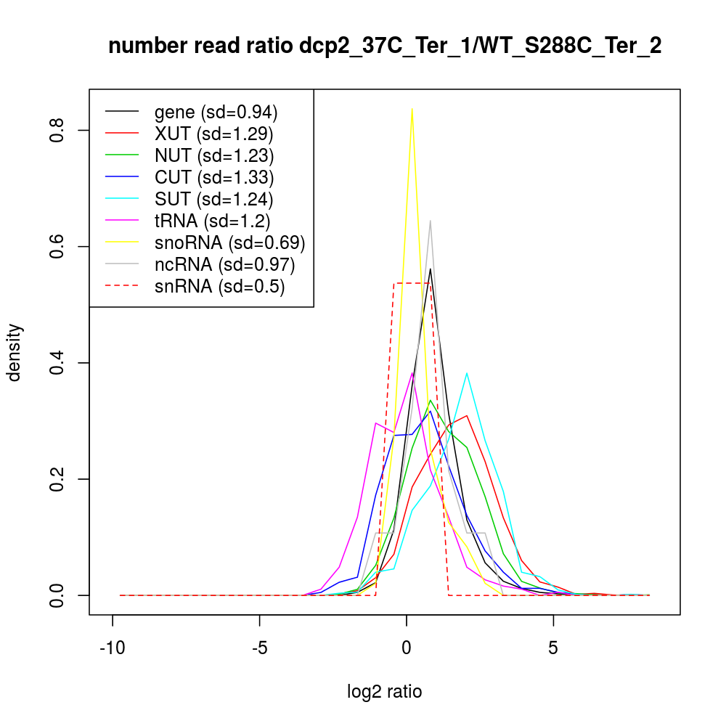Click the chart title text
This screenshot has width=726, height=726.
point(385,46)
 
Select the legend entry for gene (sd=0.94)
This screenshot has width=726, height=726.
point(216,112)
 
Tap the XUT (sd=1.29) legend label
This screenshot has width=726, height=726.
point(214,134)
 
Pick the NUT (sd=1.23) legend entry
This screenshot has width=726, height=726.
point(214,155)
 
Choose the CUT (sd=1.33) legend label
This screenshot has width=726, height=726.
point(214,177)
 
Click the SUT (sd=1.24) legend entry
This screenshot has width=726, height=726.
point(214,199)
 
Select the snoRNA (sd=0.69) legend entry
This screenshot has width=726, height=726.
point(229,242)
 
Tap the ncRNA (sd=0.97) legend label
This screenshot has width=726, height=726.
point(224,264)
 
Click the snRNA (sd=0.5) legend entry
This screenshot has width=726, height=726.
point(219,286)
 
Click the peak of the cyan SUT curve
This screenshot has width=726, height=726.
point(466,373)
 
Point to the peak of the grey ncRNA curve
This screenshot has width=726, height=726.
point(430,221)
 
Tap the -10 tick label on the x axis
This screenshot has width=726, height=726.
point(113,647)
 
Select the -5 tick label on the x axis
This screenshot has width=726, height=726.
point(259,647)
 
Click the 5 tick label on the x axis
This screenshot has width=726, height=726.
point(553,647)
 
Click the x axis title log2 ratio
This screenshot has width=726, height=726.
point(385,692)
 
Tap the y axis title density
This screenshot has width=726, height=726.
point(15,352)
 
